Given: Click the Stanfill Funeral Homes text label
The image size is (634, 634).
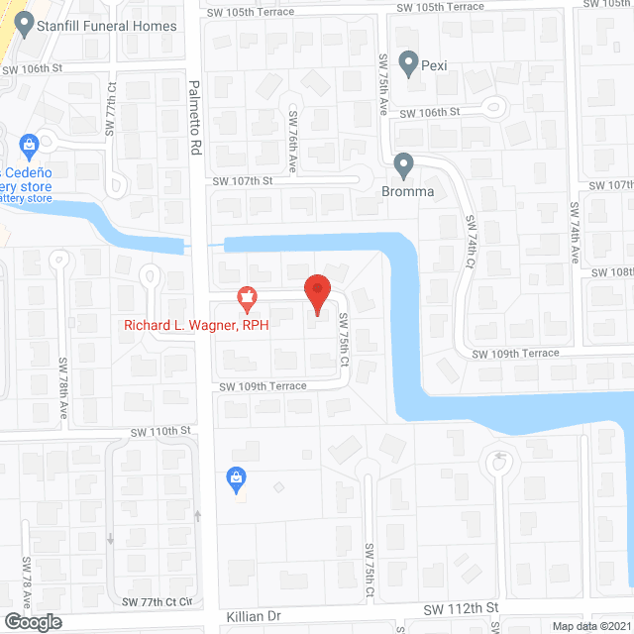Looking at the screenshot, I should pos(107,26).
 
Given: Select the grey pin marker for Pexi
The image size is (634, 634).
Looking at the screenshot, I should pos(406,62).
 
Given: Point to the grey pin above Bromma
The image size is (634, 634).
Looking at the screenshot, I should pos(402,164).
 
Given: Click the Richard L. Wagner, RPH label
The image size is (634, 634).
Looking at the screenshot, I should pos(196,324).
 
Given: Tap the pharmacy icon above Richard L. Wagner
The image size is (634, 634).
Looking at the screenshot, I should pos(246,296).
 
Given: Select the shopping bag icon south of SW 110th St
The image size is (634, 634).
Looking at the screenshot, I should pos(236,479).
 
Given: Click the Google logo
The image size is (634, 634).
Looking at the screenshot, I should pos(32,621).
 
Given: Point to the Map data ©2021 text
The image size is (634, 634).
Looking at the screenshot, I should pos(590,625).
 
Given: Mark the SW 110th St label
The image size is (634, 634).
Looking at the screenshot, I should pos(160,431).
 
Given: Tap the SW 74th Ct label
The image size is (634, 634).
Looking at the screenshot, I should pos(474,260).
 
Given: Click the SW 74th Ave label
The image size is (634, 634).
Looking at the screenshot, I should pos(573,232).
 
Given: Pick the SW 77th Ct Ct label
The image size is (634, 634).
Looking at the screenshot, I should pos(157,601).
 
